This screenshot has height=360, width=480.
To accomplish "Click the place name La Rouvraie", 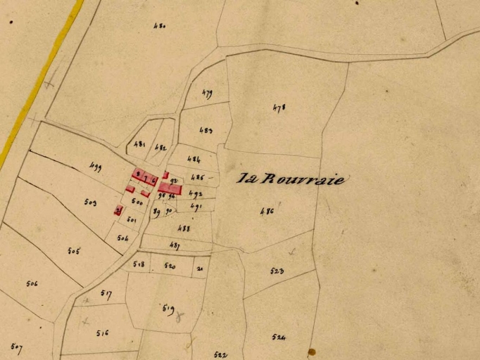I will [292, 179].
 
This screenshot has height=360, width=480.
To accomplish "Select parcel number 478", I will [279, 108].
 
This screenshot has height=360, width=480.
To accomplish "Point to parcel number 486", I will [266, 211].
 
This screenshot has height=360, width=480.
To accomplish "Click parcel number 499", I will [96, 167].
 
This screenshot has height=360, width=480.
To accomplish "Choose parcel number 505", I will [73, 251].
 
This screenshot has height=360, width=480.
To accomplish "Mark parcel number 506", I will [32, 284].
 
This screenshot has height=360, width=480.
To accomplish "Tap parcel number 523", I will [277, 271].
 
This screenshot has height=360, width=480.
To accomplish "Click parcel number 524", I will [279, 337].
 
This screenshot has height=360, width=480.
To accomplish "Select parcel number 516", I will [103, 333].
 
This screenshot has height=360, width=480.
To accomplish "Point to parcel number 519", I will [168, 307].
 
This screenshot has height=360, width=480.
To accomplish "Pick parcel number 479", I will [207, 93].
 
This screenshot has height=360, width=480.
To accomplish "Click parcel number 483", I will [206, 131].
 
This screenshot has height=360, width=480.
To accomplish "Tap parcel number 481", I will [139, 144].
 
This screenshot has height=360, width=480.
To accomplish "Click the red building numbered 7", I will [146, 179].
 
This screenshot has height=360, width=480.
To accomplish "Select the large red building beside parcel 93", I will [170, 188].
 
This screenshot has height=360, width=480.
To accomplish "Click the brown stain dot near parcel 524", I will [311, 352].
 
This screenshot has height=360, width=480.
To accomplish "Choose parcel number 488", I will [184, 229].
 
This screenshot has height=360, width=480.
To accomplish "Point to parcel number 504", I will [123, 238].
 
